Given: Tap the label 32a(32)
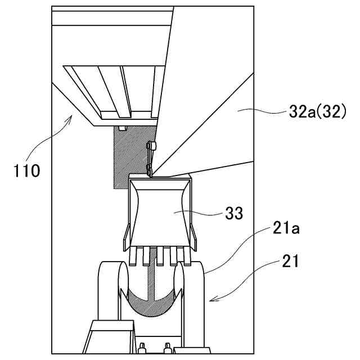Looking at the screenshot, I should click(313, 112).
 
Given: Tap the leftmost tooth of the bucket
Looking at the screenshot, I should click(133, 257).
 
